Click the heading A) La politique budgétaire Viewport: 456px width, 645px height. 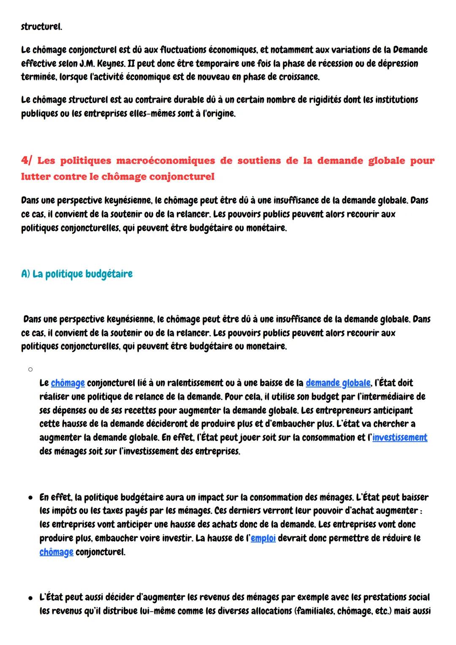[x=76, y=274]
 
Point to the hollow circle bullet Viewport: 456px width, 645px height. [x=30, y=369]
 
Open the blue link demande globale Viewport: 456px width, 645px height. [x=338, y=383]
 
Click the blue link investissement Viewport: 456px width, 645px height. [x=399, y=437]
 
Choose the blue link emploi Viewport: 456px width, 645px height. [x=263, y=538]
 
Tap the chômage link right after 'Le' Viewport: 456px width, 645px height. [x=68, y=383]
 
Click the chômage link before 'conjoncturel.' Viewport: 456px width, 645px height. [x=56, y=552]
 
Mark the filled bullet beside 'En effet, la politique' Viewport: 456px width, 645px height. [x=30, y=498]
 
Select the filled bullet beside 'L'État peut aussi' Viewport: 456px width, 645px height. [x=30, y=598]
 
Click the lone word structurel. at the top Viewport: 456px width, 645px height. [x=41, y=27]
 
